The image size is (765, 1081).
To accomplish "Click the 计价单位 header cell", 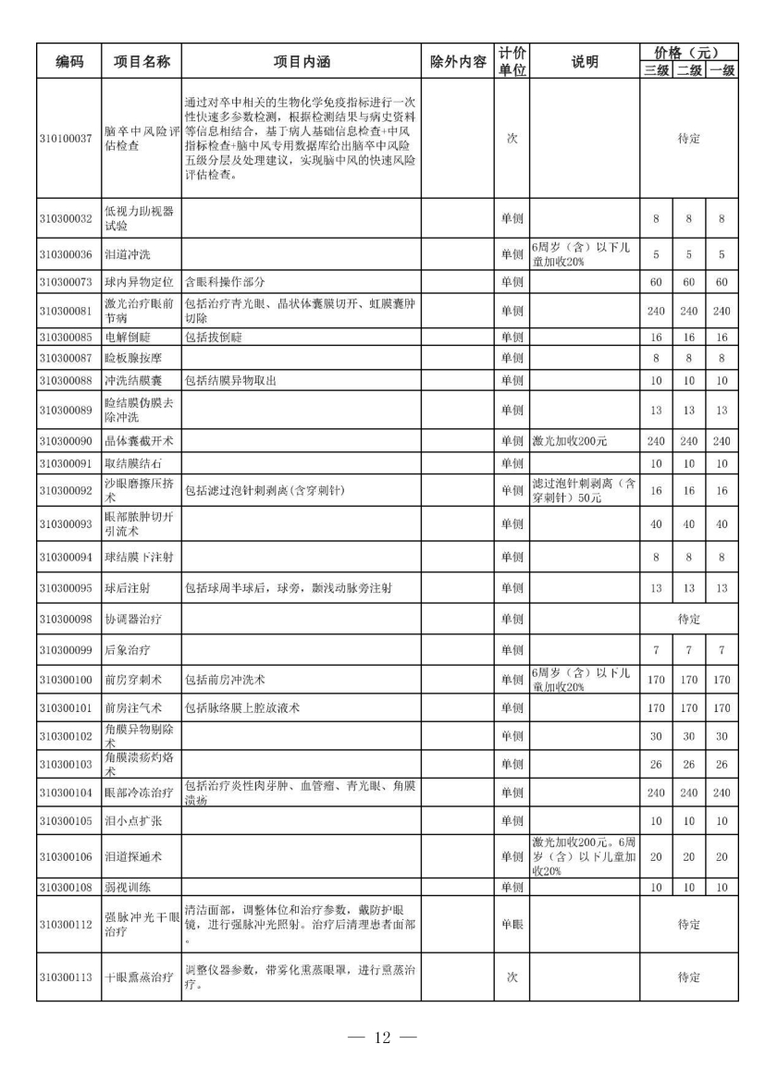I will click(512, 62).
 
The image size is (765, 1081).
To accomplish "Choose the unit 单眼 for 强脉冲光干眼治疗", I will click(512, 924).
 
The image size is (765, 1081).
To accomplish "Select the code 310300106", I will click(66, 856).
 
